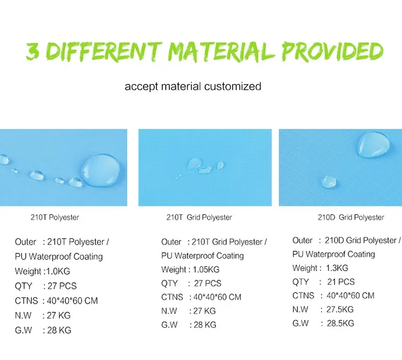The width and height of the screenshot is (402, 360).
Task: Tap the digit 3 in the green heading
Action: point(33,51)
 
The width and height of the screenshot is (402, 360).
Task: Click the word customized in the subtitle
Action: point(233,86)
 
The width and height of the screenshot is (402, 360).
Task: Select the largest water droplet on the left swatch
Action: point(101,170)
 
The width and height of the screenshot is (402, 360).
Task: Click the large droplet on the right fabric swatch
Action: point(374,145)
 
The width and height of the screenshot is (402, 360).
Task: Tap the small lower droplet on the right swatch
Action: point(329,182)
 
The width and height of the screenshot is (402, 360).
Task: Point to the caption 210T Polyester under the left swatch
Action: point(55,217)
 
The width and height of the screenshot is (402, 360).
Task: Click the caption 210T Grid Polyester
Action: point(199,217)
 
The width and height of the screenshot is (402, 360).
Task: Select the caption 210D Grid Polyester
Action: point(351,217)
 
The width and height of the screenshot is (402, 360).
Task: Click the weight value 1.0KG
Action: point(58,272)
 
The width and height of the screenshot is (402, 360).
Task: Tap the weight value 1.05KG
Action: point(206,269)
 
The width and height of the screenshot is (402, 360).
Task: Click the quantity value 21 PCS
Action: point(341,282)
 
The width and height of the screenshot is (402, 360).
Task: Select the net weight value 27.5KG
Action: point(340,309)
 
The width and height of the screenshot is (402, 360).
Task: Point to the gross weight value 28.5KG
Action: point(340,323)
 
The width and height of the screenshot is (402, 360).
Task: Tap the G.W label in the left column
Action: point(24,331)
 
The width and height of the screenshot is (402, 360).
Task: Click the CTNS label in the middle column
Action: point(172,297)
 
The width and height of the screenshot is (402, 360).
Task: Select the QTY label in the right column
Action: point(301,282)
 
